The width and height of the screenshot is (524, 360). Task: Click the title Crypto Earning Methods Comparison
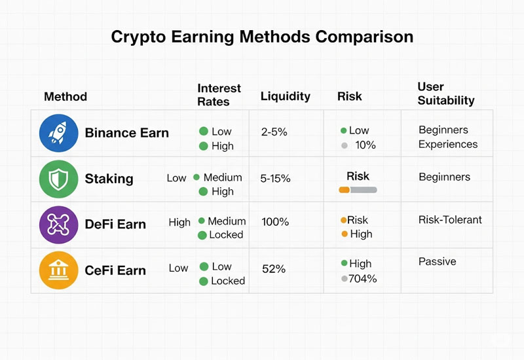tap(262, 37)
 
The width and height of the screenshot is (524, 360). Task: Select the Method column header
tap(65, 97)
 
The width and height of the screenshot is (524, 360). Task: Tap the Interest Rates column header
tap(219, 95)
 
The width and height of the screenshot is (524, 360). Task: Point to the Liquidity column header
tap(285, 96)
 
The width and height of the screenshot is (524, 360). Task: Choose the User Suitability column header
tap(445, 94)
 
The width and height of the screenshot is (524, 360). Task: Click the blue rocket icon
tap(58, 133)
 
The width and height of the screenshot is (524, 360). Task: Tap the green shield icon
tap(58, 179)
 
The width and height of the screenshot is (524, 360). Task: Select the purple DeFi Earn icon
tap(58, 225)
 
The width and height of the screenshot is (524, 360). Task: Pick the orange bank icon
tap(58, 270)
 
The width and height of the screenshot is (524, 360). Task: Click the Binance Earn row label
tap(126, 133)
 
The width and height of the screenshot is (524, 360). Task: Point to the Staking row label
tap(109, 179)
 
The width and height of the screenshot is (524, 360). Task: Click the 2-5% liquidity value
tap(274, 132)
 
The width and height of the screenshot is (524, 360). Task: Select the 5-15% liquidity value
tap(276, 178)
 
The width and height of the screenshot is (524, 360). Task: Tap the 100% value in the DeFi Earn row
tap(275, 222)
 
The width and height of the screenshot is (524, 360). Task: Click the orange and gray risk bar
tap(358, 190)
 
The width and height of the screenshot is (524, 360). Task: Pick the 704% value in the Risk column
tap(362, 279)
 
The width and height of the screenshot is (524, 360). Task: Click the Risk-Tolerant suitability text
tap(450, 220)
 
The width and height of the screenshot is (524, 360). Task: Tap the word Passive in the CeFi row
tap(437, 262)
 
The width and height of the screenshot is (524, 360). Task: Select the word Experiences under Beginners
tap(448, 145)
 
